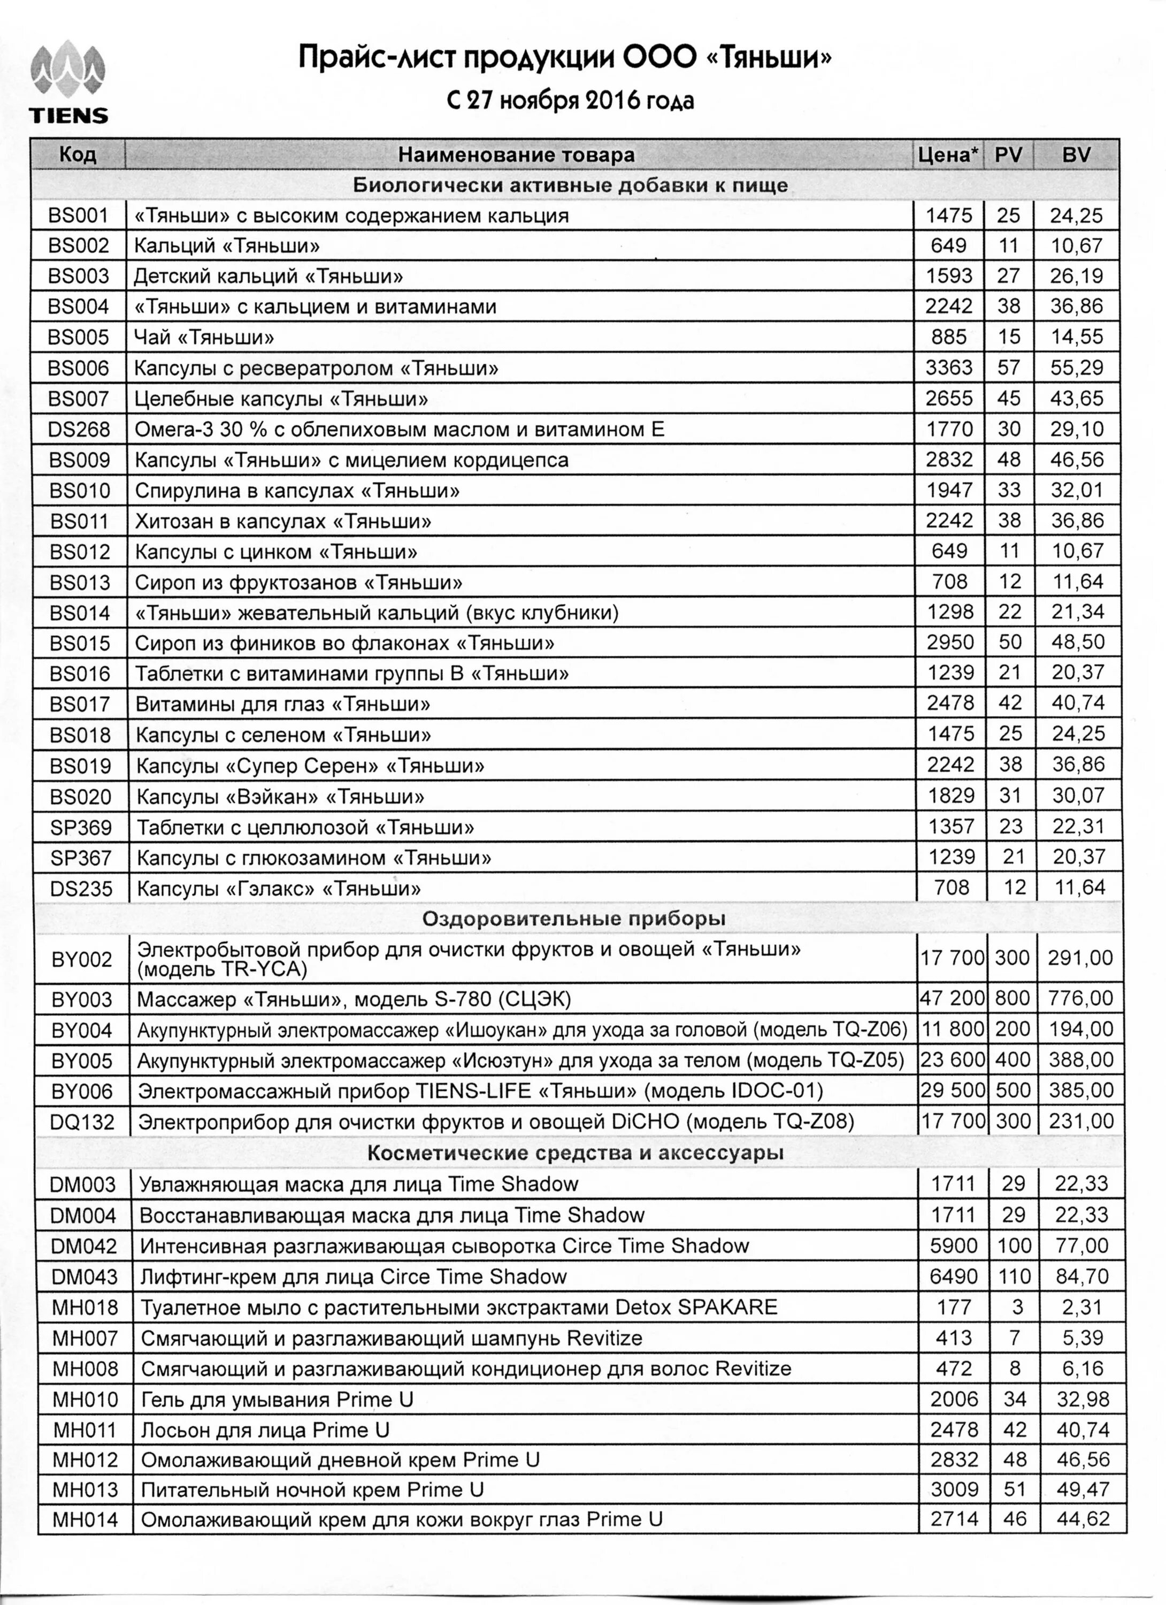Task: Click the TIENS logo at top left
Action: pos(68,83)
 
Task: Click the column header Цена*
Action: pos(949,154)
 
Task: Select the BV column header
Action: pos(1076,154)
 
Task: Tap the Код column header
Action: pos(78,154)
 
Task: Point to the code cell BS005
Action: pos(79,338)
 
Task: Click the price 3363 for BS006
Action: pos(949,368)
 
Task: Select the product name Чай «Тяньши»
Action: pos(204,338)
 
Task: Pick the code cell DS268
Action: pos(79,430)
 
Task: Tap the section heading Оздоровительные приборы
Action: pos(574,919)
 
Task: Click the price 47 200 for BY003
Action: pos(953,998)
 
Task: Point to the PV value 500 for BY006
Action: pos(1012,1090)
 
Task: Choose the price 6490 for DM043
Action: pos(953,1277)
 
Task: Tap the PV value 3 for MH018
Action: pos(1017,1307)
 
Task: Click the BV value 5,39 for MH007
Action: pos(1083,1338)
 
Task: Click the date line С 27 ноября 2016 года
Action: pos(570,101)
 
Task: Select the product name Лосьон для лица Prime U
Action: pos(265,1430)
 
